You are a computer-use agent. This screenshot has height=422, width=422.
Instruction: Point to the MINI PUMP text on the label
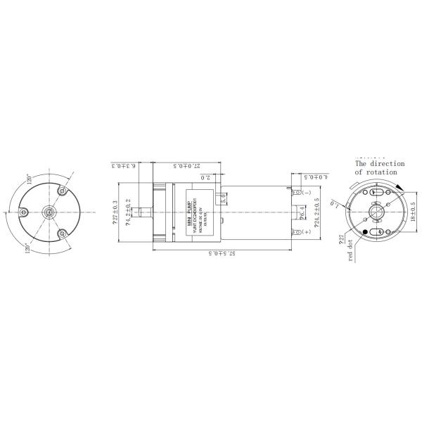[189, 212]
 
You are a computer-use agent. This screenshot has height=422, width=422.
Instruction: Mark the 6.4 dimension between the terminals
[302, 212]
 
